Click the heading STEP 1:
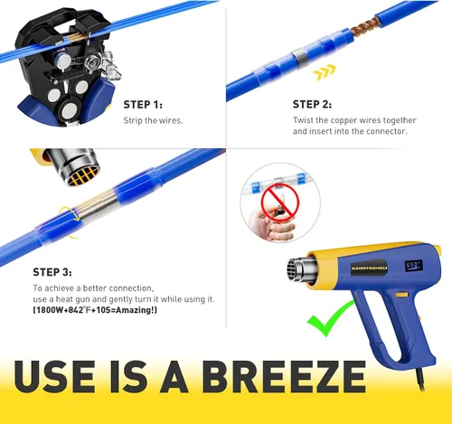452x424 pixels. tap(143, 105)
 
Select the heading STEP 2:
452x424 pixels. tap(312, 105)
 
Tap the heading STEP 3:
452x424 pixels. tap(52, 272)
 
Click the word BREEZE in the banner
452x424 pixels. tap(284, 377)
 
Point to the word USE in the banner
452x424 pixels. tap(54, 377)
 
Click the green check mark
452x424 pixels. tap(330, 319)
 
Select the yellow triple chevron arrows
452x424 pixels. tap(324, 72)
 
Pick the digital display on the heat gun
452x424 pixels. tap(413, 266)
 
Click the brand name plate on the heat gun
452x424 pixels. tap(369, 268)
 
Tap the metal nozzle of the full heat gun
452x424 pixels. tap(301, 270)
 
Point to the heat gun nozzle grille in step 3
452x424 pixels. tap(83, 175)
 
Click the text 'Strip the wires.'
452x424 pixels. tap(153, 120)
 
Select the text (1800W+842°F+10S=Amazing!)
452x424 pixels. tap(95, 310)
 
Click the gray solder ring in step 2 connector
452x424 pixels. tap(300, 57)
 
